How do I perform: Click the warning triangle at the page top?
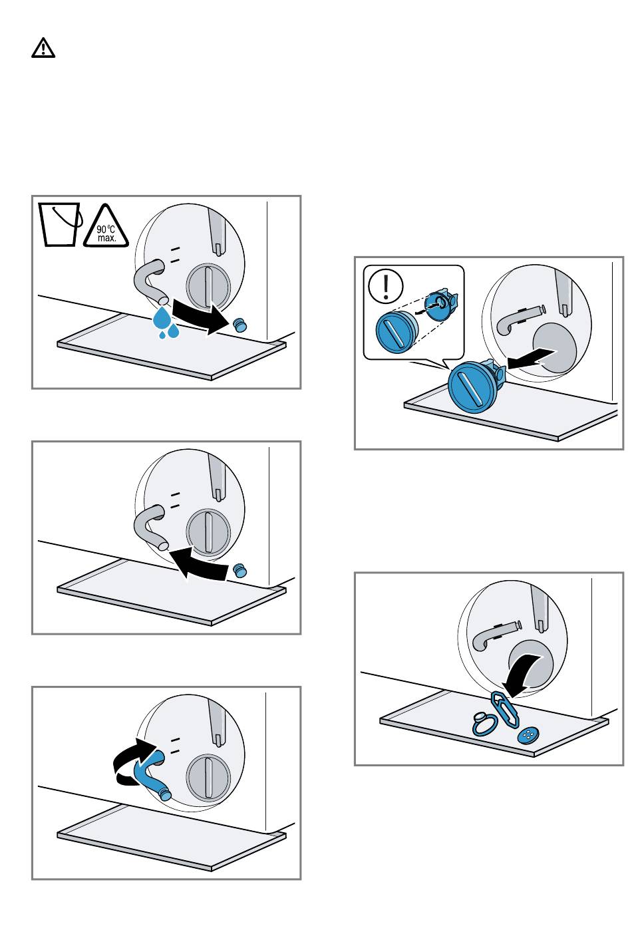[43, 48]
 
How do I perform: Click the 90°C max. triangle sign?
[106, 227]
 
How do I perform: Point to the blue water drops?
[166, 323]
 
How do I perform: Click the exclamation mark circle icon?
[385, 285]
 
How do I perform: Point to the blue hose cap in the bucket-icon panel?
[239, 325]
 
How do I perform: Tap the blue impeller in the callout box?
[442, 305]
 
